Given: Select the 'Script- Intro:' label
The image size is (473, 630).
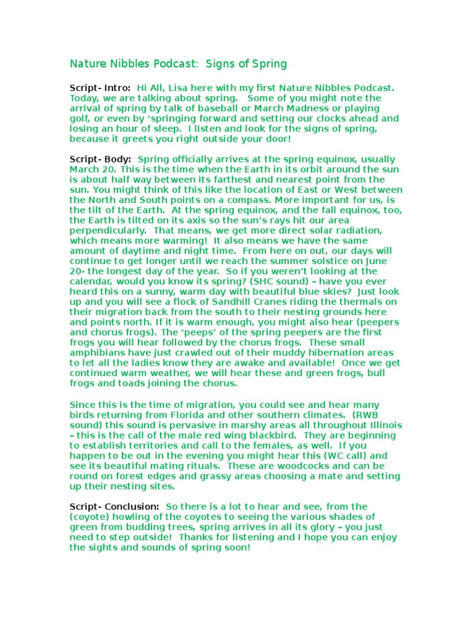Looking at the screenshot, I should coord(100,88).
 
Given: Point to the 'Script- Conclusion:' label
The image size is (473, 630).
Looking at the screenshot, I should coord(115,506).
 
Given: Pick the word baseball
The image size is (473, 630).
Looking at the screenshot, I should coord(224,108).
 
